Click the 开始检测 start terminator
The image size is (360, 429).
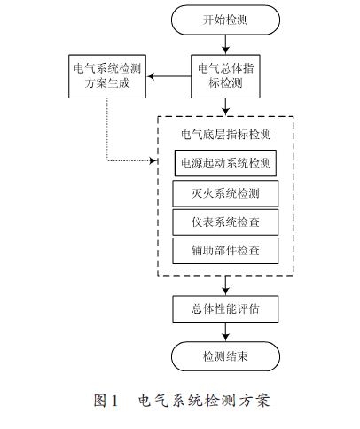coord(225,20)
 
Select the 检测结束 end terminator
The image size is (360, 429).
coord(225,356)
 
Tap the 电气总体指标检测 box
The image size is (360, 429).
coord(225,76)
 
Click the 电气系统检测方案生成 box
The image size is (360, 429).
coord(107,76)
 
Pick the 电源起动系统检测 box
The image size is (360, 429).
coord(225,163)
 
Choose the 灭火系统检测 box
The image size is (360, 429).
coord(225,193)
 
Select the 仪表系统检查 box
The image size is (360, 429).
coord(225,222)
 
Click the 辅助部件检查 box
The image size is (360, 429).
coord(225,251)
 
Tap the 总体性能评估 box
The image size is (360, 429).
coord(225,309)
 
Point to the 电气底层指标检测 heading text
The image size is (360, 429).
coord(226,135)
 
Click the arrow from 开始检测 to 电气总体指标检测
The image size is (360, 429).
coord(225,44)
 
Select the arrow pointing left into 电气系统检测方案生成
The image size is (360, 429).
coord(169,76)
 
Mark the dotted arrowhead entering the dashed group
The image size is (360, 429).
coord(153,160)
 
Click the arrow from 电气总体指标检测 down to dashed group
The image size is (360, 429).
coord(225,106)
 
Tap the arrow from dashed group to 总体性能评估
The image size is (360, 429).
coord(225,285)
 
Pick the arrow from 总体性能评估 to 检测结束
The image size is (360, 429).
coord(225,332)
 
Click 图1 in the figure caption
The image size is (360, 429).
coord(106,401)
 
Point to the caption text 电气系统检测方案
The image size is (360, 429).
coord(204,401)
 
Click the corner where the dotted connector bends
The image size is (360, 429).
coord(107,160)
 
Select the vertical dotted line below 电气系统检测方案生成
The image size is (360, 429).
coord(107,129)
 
